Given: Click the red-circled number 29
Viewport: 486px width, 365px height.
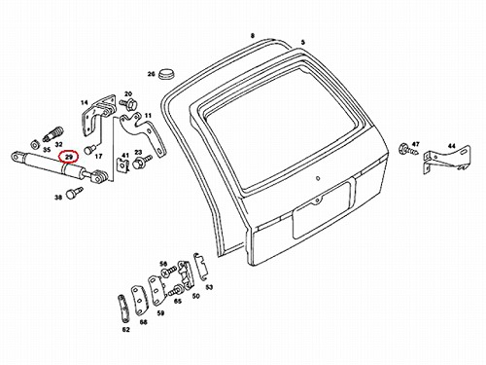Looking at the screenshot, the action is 68,157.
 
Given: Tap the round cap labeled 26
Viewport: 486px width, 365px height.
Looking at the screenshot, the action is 166,74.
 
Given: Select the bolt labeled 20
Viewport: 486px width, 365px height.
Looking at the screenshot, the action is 129,104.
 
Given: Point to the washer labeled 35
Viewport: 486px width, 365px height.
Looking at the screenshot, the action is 34,144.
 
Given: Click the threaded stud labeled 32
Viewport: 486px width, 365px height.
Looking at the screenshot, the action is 53,133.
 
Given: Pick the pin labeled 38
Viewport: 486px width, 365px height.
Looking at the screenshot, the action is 74,193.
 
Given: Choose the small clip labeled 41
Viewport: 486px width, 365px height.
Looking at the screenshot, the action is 122,164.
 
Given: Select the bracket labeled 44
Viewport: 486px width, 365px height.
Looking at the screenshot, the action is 446,159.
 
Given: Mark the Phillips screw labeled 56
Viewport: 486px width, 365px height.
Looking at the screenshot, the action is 169,272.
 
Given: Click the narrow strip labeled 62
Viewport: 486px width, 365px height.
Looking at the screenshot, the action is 122,308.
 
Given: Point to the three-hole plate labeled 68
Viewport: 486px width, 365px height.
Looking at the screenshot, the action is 139,301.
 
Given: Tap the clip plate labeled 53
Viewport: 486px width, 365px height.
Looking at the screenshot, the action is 199,267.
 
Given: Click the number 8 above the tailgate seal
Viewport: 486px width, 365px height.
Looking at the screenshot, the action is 253,35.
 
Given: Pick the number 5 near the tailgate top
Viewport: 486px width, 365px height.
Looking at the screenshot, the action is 303,43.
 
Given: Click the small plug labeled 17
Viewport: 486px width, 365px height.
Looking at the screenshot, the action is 89,150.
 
